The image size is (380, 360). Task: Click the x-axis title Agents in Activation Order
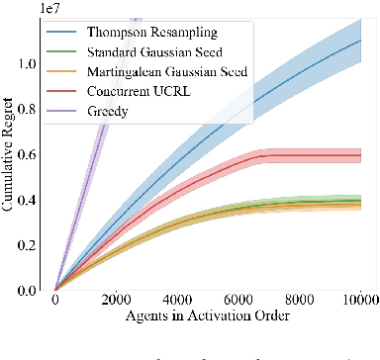coord(208,318)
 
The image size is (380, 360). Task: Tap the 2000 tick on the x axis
coord(117,301)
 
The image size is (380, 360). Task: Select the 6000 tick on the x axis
coord(238,301)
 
